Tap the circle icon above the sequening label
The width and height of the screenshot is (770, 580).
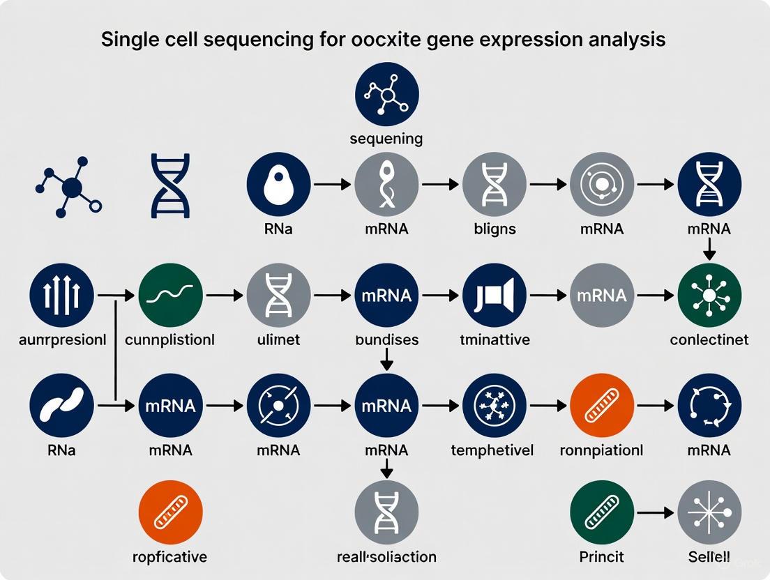[386, 93]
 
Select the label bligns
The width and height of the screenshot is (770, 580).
[495, 229]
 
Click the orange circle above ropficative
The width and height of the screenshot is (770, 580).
[170, 512]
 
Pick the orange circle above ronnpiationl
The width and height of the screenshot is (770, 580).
[602, 404]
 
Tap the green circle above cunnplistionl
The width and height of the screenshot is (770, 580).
[170, 296]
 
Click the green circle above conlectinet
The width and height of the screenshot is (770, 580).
[709, 296]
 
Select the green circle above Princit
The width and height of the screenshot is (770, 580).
[602, 512]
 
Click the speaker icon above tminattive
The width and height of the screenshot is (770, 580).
[495, 296]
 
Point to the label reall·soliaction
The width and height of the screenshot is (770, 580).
[386, 557]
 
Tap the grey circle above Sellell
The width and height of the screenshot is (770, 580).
[709, 512]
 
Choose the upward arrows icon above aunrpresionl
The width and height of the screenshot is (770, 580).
[62, 296]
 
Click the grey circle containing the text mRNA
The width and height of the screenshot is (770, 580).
[602, 296]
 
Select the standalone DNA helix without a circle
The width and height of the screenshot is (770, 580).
[170, 187]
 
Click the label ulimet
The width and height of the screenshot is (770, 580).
[278, 339]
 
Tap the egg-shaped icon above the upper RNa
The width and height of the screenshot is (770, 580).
[278, 185]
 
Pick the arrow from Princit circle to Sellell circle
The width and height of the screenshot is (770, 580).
[656, 512]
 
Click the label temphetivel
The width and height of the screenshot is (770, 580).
[495, 450]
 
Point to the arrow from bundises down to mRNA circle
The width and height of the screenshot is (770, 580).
[386, 359]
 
